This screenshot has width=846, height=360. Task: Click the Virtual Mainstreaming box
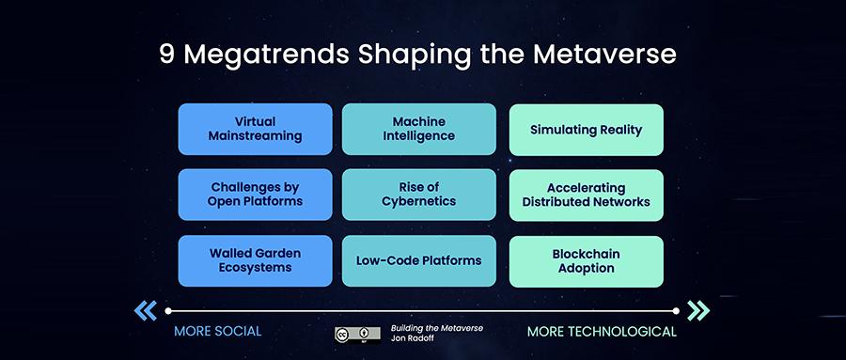point(255,129)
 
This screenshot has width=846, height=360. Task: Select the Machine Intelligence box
point(418,129)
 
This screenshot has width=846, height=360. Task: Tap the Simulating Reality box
point(586,130)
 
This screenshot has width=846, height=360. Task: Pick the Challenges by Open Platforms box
point(255,195)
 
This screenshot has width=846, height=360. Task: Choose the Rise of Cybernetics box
point(418,195)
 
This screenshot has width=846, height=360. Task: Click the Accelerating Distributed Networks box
point(586,195)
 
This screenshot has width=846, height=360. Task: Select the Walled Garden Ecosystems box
point(255,260)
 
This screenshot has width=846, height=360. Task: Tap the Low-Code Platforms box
point(418,260)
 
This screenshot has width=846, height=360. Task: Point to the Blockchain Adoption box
point(586,261)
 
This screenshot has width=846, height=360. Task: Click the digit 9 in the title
point(167,55)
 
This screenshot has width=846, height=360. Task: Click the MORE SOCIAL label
point(217,331)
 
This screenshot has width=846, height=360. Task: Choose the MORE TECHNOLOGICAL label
point(602,332)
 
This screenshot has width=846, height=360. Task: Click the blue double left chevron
point(146,310)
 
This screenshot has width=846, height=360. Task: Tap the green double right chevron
point(698,310)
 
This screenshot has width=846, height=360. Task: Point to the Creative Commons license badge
point(357,334)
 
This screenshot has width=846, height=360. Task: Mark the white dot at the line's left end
point(168,311)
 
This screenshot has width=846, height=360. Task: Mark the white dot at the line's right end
point(676,311)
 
